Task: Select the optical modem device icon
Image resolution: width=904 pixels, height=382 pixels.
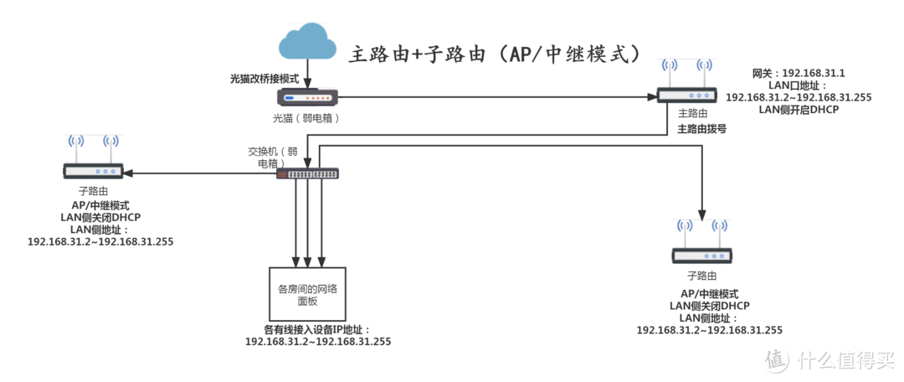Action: tap(308, 98)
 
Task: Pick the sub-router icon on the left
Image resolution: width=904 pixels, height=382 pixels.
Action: tap(94, 171)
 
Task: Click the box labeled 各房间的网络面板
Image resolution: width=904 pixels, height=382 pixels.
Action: tap(307, 294)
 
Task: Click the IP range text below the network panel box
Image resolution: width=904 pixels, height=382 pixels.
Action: tap(318, 342)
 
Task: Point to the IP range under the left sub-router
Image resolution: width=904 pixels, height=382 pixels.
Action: tap(100, 241)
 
